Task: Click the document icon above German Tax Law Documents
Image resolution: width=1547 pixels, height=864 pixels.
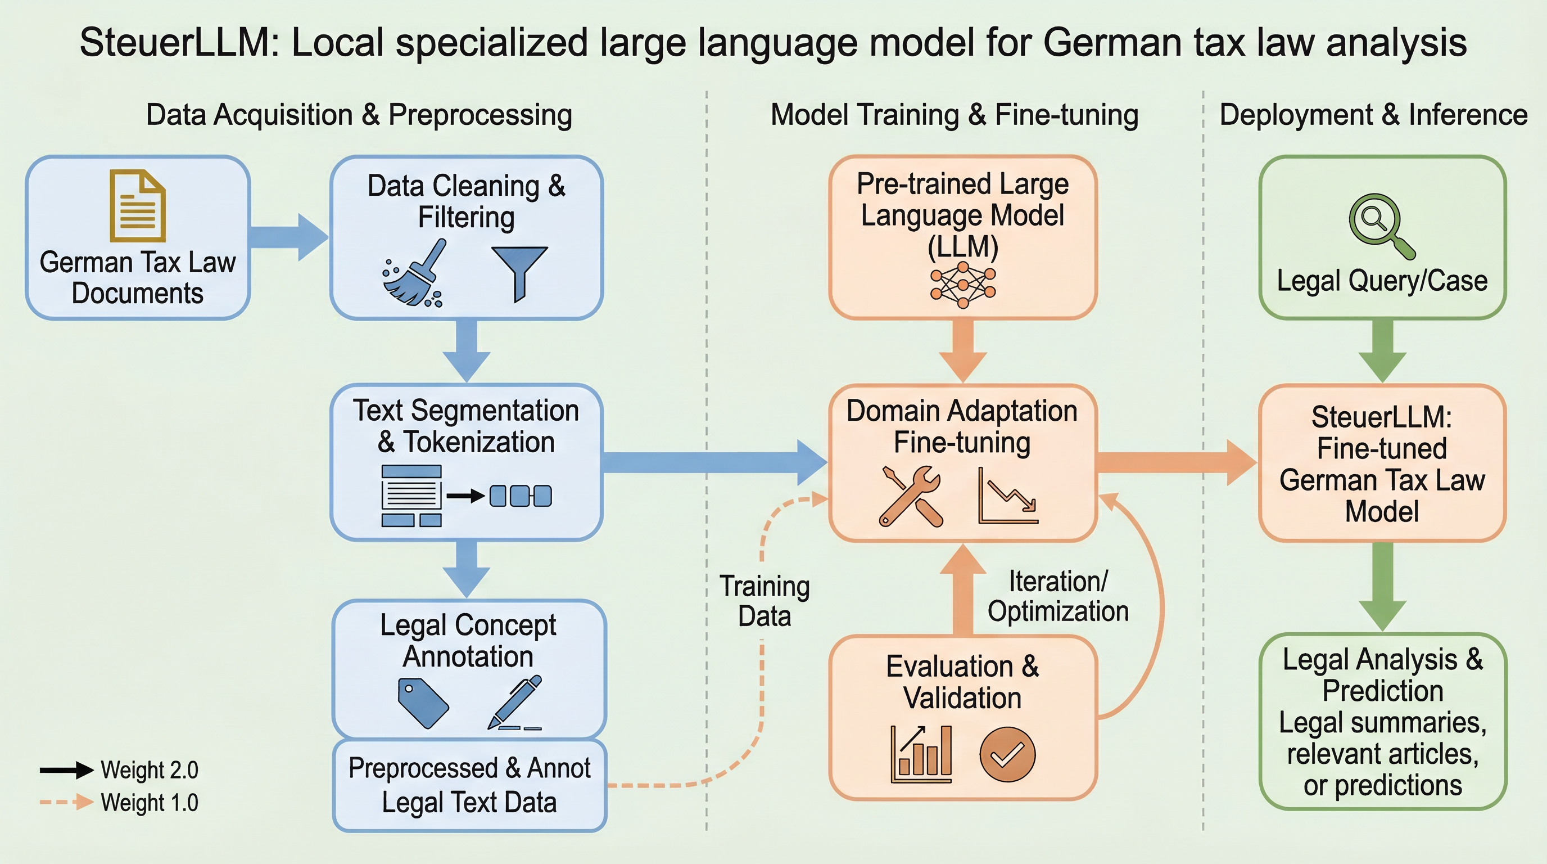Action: (x=137, y=205)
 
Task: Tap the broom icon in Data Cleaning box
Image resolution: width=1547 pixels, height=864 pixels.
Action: (x=415, y=274)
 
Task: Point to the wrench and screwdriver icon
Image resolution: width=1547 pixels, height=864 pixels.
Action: (x=911, y=496)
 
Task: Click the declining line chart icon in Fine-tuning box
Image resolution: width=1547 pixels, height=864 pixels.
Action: (x=1008, y=496)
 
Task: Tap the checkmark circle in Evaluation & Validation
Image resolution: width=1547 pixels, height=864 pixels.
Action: (x=1007, y=754)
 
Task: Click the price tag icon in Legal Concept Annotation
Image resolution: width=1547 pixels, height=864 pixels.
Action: (x=423, y=703)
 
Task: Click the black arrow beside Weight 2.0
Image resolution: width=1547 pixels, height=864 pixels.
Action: (x=67, y=769)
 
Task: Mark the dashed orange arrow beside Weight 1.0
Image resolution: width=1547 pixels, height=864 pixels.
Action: (x=67, y=802)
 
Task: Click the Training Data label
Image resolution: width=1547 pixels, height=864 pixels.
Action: (x=765, y=601)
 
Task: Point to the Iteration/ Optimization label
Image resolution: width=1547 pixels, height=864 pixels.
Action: (x=1058, y=596)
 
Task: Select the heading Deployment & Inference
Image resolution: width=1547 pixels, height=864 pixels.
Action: (x=1373, y=115)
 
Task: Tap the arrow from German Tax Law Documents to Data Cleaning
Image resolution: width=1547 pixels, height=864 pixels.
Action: (x=289, y=237)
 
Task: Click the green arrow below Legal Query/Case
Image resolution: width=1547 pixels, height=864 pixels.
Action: (x=1382, y=350)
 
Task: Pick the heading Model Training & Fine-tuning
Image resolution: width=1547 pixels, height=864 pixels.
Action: (x=955, y=115)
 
